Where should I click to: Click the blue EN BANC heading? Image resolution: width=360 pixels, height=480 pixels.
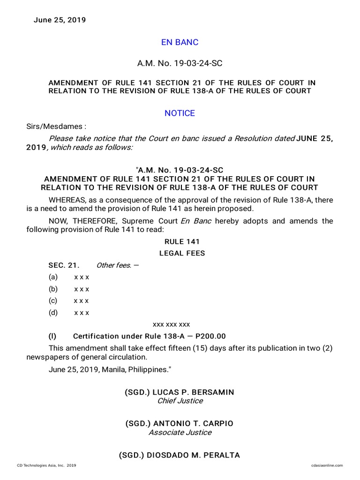coord(180,42)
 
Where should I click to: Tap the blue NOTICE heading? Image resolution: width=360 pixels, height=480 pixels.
coord(180,113)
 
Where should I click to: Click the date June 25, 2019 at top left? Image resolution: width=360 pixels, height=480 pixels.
coord(60,20)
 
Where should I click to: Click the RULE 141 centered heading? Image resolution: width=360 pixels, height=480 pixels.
coord(182,242)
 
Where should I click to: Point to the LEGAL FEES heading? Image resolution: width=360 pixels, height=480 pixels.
coord(182,254)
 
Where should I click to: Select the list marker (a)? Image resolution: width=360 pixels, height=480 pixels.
coord(52,277)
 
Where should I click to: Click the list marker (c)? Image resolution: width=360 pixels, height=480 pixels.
coord(52,300)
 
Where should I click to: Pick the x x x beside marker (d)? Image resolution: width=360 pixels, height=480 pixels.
coord(82,312)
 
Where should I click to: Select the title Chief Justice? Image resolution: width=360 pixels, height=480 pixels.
coord(180,401)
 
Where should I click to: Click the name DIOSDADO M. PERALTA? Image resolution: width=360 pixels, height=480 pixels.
coord(191,455)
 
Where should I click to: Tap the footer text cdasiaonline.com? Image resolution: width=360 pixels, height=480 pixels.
coord(327,465)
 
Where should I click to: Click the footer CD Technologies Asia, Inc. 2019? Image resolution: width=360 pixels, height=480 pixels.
coord(46,465)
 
